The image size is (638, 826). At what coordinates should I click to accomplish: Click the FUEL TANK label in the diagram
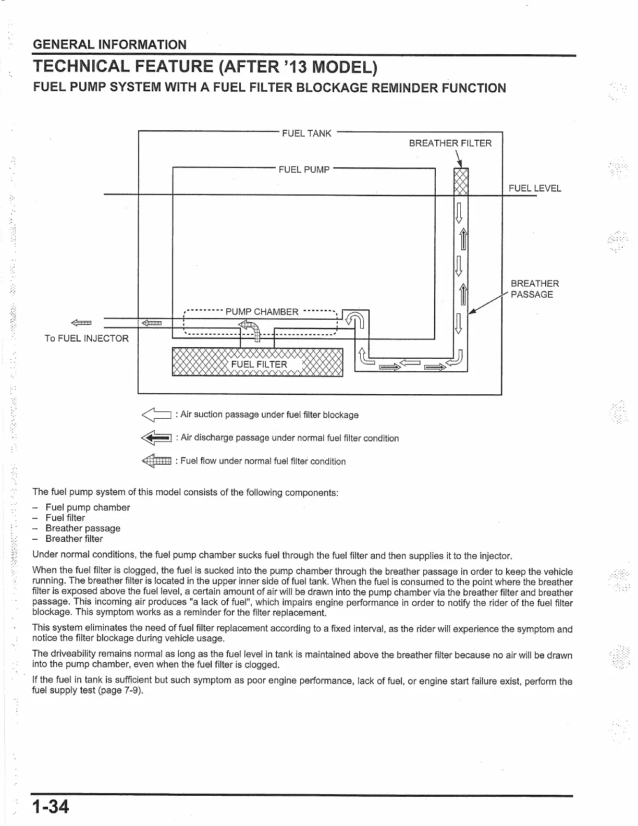(306, 133)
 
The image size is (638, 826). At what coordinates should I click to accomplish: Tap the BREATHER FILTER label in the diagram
(450, 143)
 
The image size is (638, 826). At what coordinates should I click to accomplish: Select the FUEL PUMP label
(304, 169)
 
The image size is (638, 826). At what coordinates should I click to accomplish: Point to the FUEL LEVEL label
(535, 188)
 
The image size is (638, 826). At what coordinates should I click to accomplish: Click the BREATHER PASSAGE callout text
(534, 289)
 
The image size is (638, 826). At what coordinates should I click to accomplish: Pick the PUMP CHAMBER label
(262, 312)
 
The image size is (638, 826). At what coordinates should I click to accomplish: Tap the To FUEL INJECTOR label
(87, 338)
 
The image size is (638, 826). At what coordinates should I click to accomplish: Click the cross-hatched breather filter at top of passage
(461, 181)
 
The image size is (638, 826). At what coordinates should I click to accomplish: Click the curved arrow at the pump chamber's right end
(355, 319)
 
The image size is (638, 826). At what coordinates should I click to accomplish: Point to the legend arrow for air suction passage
(156, 415)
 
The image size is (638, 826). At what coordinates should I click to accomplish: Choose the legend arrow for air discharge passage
(156, 439)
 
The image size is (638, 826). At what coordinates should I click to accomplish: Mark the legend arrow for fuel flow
(156, 461)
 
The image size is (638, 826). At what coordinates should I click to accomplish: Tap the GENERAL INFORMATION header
(109, 44)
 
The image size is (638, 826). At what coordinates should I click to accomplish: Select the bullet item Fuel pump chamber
(88, 507)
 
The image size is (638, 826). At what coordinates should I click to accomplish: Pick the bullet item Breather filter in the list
(74, 539)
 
